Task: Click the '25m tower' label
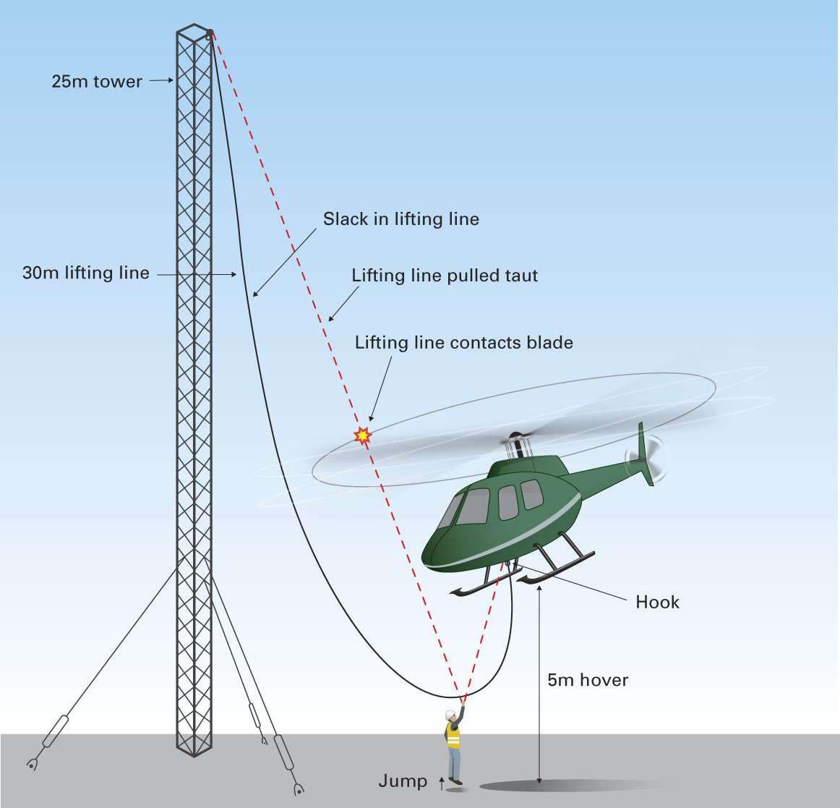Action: click(97, 81)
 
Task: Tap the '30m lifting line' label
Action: click(85, 273)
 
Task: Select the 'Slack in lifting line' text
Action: click(400, 218)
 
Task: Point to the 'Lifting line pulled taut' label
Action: click(445, 275)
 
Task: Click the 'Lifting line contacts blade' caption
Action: click(463, 342)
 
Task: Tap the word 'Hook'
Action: click(657, 602)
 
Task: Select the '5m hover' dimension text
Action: click(588, 679)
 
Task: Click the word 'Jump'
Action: click(403, 781)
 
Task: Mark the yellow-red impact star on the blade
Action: click(361, 435)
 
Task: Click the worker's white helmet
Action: click(451, 715)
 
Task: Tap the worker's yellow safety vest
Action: click(453, 735)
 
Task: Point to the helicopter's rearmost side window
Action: click(532, 494)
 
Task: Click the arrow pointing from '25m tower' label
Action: click(161, 81)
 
